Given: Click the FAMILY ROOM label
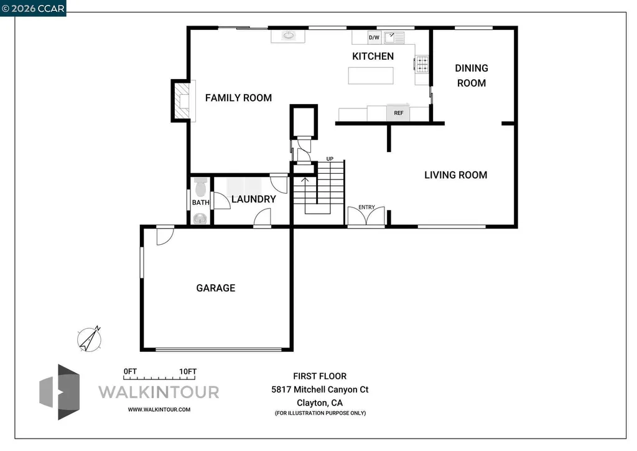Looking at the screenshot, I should [x=238, y=98].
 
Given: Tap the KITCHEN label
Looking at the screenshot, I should [x=373, y=57].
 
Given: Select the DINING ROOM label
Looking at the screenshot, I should [x=472, y=75].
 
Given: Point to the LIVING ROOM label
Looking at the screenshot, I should [x=455, y=175].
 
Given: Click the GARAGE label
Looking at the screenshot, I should [x=215, y=288].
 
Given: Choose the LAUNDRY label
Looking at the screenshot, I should [x=253, y=199].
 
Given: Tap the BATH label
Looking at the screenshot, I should [x=200, y=202].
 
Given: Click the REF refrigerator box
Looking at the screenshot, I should [x=399, y=113].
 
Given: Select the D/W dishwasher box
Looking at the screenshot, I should [x=374, y=38].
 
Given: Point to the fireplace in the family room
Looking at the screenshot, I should [x=182, y=100].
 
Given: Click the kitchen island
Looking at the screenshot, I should [x=371, y=75].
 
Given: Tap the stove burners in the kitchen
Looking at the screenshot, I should [x=422, y=64].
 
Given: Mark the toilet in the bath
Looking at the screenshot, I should [x=200, y=187].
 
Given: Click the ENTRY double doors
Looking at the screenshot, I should [x=366, y=216].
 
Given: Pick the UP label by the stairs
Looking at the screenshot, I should [x=330, y=159].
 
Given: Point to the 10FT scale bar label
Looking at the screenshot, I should [x=188, y=371].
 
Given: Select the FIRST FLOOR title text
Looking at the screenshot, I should [x=320, y=376].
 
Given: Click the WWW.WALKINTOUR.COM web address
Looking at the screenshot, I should [x=159, y=409].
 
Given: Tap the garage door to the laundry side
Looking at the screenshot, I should [x=164, y=235].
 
